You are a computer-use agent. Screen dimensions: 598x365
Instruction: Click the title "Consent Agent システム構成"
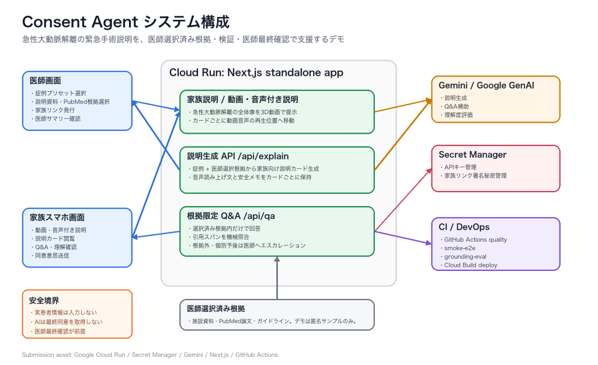click(126, 22)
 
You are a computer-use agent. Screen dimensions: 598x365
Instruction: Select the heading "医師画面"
click(46, 81)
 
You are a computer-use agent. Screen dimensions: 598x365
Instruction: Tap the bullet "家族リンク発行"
click(53, 110)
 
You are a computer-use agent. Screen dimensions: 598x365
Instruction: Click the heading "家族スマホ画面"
click(57, 217)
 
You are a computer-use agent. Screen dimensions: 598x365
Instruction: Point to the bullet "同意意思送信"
click(50, 256)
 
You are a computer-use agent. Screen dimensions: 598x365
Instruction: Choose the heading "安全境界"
click(44, 301)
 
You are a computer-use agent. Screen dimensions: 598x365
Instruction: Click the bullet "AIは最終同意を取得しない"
click(67, 322)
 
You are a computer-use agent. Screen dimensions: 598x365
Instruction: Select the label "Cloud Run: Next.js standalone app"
click(256, 72)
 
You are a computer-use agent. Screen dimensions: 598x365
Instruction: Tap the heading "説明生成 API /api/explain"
click(238, 156)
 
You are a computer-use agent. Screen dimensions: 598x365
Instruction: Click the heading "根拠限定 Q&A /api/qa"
click(231, 216)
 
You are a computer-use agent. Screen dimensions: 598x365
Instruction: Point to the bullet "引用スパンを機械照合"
click(219, 237)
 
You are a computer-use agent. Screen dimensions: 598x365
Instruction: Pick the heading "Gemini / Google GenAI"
click(486, 85)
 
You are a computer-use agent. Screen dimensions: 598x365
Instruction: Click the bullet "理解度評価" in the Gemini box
click(457, 115)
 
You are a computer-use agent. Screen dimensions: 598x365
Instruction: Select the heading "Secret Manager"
click(472, 154)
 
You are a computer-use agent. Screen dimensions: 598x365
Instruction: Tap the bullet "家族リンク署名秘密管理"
click(473, 175)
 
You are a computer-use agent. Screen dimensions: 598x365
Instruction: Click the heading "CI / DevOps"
click(464, 227)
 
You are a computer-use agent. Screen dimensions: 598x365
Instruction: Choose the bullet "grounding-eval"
click(463, 257)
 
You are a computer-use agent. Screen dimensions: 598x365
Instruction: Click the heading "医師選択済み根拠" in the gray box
click(216, 308)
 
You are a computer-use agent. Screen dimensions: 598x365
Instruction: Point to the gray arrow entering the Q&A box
click(277, 277)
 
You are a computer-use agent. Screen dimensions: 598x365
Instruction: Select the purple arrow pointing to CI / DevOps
click(403, 237)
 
